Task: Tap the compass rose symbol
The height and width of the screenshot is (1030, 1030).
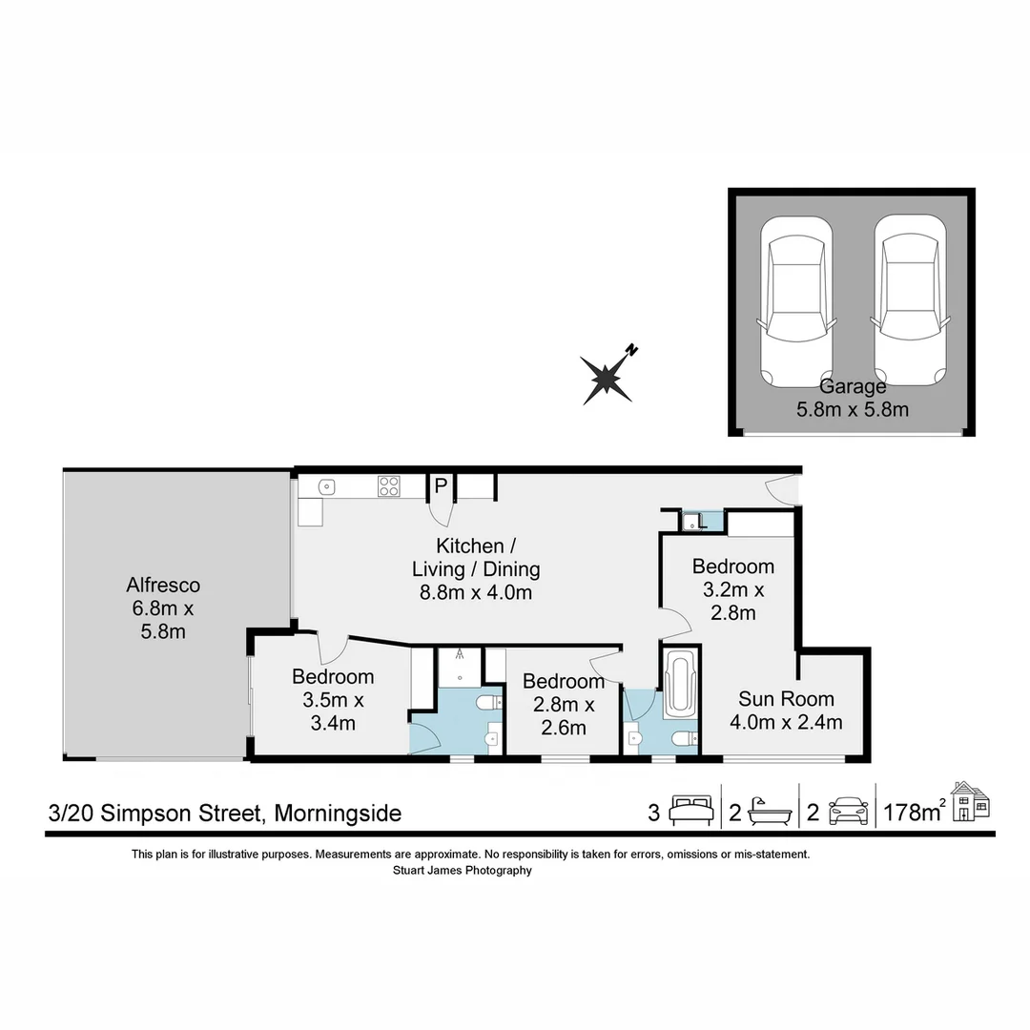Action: pos(608,377)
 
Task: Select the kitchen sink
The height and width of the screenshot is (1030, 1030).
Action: pos(326,486)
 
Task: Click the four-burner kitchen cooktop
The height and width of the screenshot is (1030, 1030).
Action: pos(388,486)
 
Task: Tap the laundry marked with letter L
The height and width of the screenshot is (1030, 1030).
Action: pos(701,522)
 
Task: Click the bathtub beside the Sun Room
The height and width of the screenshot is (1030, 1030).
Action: pos(679,684)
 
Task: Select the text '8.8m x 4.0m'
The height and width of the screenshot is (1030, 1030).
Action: pos(476,592)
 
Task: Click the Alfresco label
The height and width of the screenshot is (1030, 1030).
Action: pos(163,585)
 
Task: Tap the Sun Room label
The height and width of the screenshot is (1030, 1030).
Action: pos(786,698)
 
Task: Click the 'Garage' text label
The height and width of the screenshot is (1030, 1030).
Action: pos(853,386)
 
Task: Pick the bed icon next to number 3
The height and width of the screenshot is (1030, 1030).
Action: pos(690,811)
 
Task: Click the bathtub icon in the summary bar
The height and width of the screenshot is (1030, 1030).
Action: pos(771,812)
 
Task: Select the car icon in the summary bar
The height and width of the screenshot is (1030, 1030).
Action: pos(849,812)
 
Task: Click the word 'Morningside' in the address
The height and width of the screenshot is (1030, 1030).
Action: pos(339,814)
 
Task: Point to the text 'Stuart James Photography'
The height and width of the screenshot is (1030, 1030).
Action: pos(462,870)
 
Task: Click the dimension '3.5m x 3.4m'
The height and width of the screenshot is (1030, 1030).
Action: pos(333,711)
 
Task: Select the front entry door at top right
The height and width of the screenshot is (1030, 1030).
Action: pos(784,488)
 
